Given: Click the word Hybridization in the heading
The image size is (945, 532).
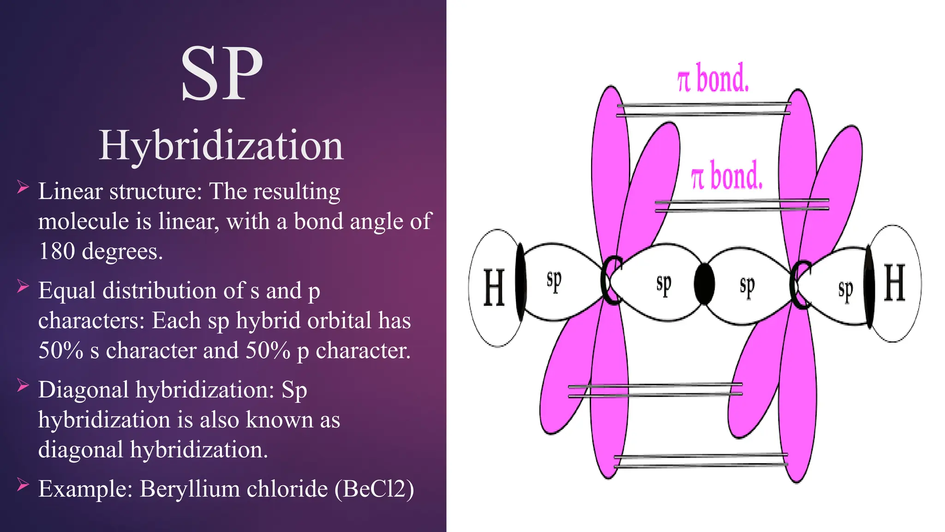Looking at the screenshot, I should (221, 145).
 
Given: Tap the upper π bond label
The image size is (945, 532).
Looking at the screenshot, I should (712, 79).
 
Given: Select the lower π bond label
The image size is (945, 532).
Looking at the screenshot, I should (726, 176).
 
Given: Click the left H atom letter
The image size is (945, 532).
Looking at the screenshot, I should (494, 287).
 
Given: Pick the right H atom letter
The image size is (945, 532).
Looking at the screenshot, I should (894, 283).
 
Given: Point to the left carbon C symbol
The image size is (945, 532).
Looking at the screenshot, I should (612, 280).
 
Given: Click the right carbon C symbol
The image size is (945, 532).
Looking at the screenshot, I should (801, 284).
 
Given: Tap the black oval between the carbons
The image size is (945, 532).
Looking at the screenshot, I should (705, 284).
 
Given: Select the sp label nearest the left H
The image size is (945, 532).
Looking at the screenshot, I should (554, 280).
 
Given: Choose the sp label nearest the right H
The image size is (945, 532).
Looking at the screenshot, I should (845, 290).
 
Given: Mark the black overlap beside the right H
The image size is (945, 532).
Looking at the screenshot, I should (869, 286).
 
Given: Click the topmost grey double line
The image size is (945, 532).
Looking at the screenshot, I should (704, 109).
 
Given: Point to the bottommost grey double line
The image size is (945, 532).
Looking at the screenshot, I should (700, 460).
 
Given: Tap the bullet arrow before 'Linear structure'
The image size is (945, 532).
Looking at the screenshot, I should (23, 187).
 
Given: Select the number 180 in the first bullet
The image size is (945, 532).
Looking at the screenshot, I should (56, 252).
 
